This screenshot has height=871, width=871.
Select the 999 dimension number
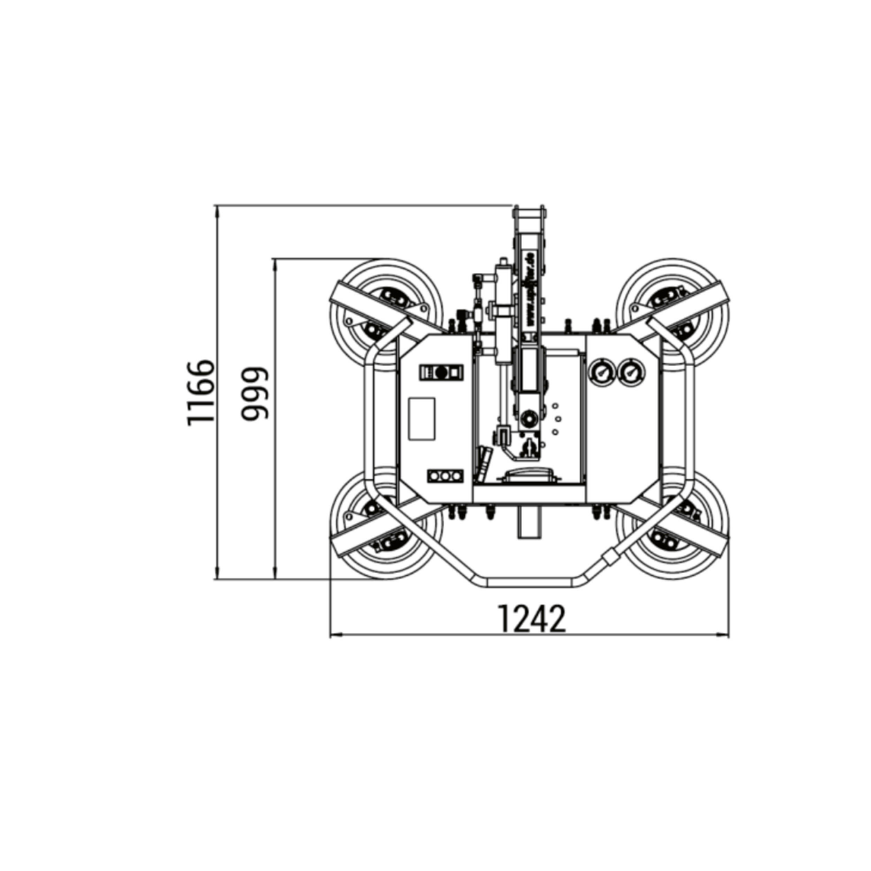(255, 394)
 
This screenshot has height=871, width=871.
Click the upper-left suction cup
(387, 314)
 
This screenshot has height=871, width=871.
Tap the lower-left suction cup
(387, 523)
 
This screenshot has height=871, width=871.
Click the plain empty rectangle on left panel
(422, 419)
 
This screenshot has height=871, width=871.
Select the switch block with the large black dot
(441, 372)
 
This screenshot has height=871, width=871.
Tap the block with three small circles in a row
(445, 476)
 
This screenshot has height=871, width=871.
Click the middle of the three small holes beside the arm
(558, 418)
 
